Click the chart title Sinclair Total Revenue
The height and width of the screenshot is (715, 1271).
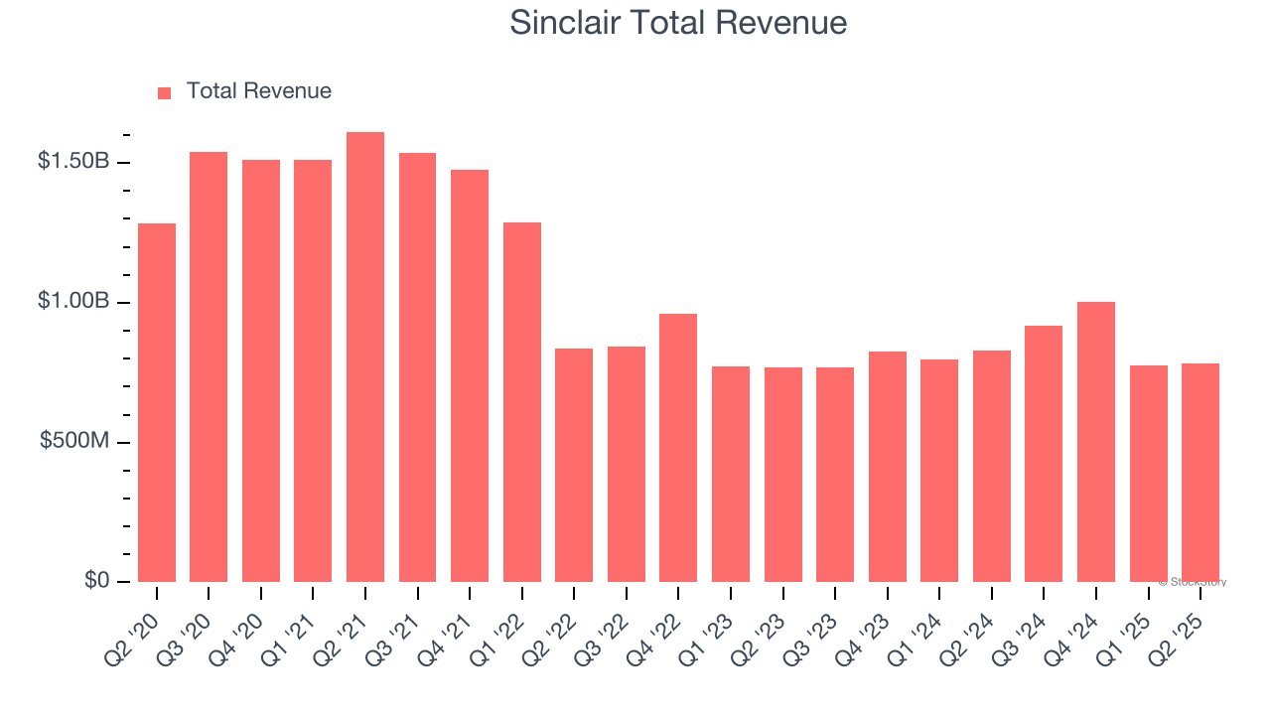(x=678, y=23)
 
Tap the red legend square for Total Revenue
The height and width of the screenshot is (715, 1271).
(x=165, y=92)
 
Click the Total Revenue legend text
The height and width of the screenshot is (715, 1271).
(x=258, y=91)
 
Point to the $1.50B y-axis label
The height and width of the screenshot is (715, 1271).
(x=73, y=161)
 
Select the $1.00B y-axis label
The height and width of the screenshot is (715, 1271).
(x=73, y=301)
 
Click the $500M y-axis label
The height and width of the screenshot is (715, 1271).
(x=74, y=441)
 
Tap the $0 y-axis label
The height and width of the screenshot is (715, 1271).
(x=95, y=580)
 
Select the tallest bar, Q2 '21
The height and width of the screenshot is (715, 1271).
(x=365, y=357)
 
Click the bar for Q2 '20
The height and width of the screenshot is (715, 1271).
(x=157, y=402)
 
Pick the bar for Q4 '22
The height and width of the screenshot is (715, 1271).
(x=678, y=448)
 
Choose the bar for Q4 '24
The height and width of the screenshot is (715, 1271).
(x=1096, y=442)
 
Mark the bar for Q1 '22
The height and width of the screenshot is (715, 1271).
(x=522, y=402)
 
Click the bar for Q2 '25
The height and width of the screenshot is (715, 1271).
(x=1200, y=473)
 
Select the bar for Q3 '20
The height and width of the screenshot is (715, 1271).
(x=209, y=367)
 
